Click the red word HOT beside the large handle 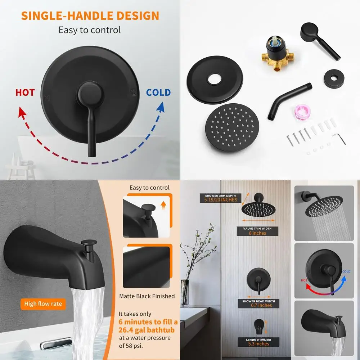pyautogui.click(x=25, y=93)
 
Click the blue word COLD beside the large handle pyautogui.click(x=158, y=93)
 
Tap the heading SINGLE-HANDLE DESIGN pyautogui.click(x=90, y=16)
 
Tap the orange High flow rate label pyautogui.click(x=43, y=304)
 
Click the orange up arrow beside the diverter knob pyautogui.click(x=163, y=206)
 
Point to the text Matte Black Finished pyautogui.click(x=147, y=296)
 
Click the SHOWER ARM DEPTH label pyautogui.click(x=220, y=195)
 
